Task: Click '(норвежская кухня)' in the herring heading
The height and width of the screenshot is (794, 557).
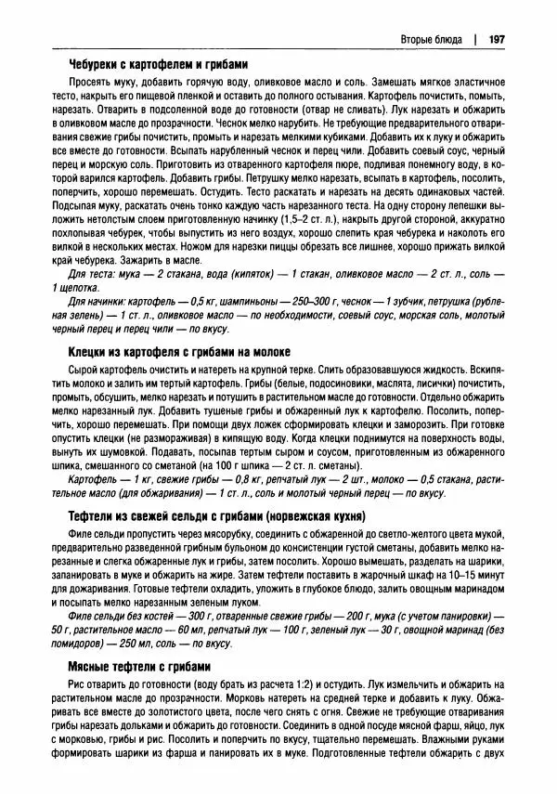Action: point(314,514)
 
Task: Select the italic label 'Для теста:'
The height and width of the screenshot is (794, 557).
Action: point(94,276)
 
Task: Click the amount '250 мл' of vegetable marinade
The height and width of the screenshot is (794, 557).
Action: point(125,642)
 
